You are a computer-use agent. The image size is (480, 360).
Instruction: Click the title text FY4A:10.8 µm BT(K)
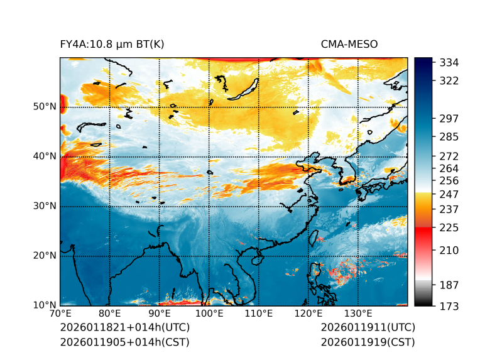112,44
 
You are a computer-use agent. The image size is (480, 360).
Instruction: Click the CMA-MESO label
349,44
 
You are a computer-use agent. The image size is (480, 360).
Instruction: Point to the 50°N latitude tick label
45,107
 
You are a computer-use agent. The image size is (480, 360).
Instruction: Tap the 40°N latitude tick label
45,156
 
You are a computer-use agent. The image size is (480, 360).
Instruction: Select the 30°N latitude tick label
45,206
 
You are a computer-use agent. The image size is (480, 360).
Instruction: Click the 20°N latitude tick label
45,256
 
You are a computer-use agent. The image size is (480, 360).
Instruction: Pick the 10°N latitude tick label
45,305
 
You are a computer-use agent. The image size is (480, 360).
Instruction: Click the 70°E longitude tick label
60,314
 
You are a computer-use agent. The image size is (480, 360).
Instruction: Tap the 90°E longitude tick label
160,314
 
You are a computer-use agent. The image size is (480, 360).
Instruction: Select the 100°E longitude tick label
209,314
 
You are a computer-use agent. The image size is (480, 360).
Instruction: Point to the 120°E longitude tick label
308,314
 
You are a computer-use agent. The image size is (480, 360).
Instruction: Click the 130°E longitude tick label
358,314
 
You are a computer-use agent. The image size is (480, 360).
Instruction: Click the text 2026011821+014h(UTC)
124,327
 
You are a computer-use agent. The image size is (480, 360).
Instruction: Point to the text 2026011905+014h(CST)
124,342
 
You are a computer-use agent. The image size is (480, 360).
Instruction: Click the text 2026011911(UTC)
368,327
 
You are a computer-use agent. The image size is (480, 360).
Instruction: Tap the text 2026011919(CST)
368,342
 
